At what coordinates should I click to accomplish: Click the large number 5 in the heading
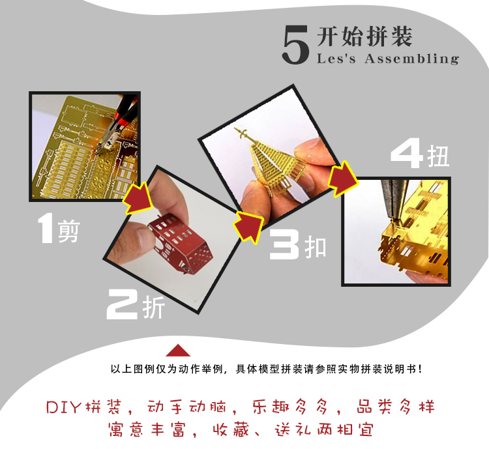(295, 44)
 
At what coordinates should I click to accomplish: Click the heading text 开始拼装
(364, 36)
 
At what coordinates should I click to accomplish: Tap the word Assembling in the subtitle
(411, 59)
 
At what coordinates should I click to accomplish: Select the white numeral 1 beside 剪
(46, 228)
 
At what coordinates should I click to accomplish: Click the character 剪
(69, 231)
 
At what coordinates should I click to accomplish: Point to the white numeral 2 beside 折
(123, 304)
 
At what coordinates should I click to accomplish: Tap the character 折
(153, 307)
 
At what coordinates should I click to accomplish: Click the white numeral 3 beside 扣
(284, 244)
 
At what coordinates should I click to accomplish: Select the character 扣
(316, 246)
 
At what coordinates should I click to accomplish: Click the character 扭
(438, 156)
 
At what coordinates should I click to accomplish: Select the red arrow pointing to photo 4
(343, 179)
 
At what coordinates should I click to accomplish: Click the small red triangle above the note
(178, 350)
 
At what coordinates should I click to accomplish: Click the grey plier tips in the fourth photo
(393, 199)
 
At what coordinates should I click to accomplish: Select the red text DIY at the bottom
(64, 407)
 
